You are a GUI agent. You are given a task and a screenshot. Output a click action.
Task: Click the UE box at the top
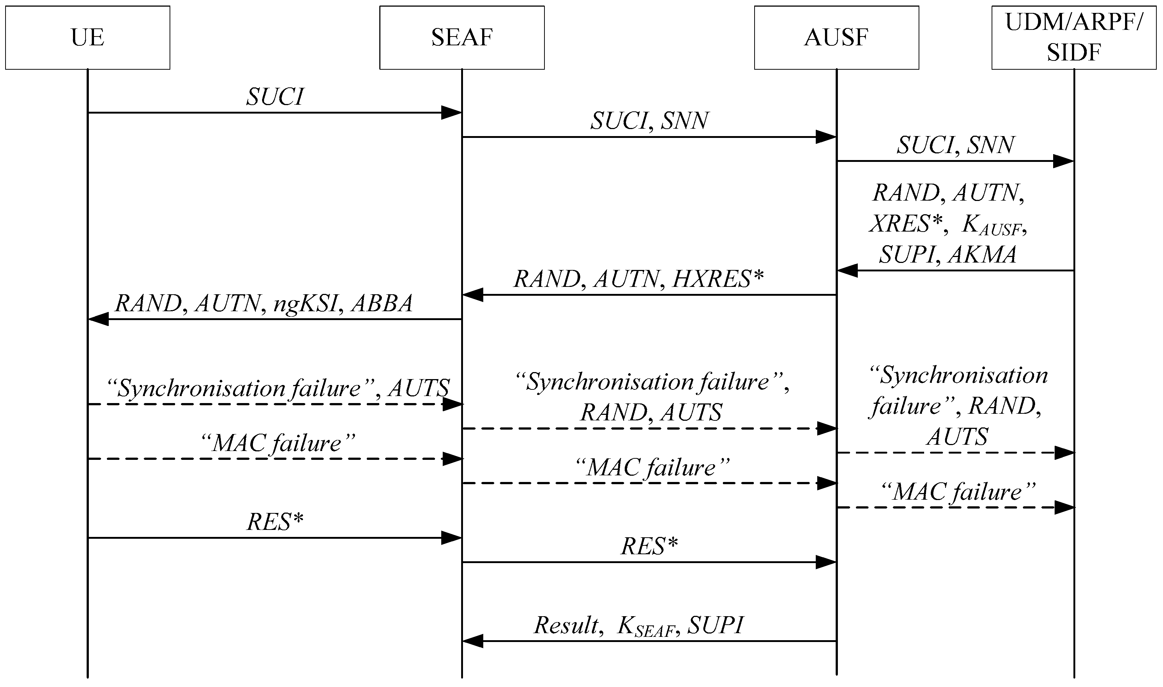click(x=87, y=38)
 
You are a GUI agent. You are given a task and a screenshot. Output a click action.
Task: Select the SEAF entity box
click(x=462, y=38)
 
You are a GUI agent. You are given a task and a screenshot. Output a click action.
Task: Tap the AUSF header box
click(x=836, y=38)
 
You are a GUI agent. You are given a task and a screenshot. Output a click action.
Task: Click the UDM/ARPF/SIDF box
click(x=1073, y=38)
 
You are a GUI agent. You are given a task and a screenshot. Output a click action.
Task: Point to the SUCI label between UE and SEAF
click(x=275, y=97)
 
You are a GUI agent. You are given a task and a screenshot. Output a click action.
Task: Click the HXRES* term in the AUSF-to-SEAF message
click(x=717, y=279)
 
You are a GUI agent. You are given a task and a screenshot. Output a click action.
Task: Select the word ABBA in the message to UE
click(x=382, y=304)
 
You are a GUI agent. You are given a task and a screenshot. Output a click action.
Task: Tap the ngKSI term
click(x=305, y=304)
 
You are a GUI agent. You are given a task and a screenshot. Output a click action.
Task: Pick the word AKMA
click(x=982, y=254)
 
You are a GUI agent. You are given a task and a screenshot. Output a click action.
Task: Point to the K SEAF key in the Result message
click(x=646, y=627)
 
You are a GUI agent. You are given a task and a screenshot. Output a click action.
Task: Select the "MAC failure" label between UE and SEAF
click(x=278, y=444)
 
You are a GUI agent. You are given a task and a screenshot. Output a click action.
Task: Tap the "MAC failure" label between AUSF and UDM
click(x=958, y=492)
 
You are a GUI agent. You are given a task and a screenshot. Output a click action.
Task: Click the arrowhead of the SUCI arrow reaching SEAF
click(x=452, y=112)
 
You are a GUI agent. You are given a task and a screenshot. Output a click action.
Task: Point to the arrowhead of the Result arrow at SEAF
click(x=473, y=641)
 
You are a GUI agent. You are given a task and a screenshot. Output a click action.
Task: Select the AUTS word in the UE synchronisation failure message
click(x=419, y=388)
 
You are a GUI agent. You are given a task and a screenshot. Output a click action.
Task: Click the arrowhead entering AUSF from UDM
click(x=847, y=270)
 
